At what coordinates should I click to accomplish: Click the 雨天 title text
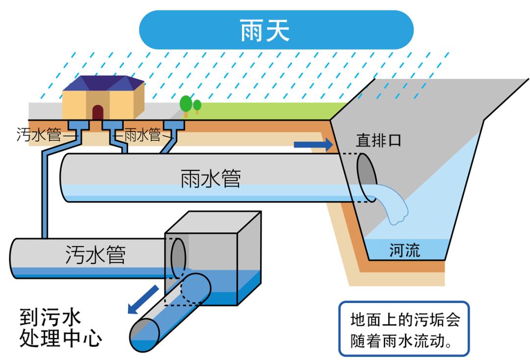265,30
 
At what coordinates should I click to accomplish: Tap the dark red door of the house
98,112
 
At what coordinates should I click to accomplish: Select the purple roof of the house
103,84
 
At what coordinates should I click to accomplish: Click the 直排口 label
378,141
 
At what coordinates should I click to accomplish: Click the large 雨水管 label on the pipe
211,179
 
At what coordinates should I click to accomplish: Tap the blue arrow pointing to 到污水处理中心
142,300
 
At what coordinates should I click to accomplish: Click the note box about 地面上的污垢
404,329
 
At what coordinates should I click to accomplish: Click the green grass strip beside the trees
265,110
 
